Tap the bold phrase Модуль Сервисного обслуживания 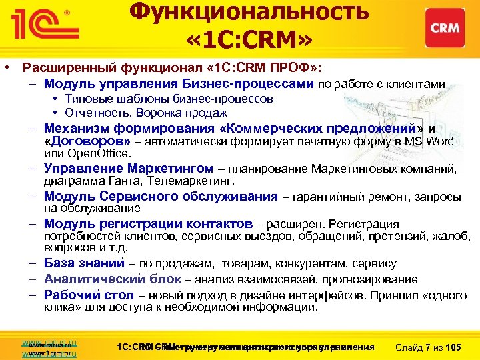(160, 197)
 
